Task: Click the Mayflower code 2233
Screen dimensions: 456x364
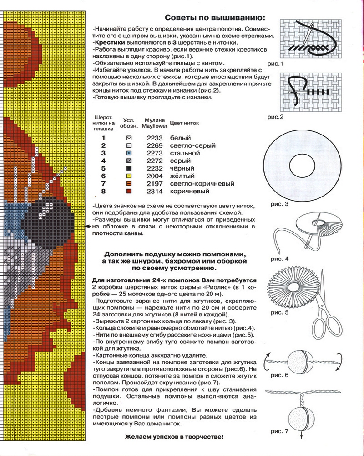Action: coord(155,138)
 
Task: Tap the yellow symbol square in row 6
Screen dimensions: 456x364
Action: coord(129,176)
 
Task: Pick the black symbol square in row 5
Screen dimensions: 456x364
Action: coord(129,168)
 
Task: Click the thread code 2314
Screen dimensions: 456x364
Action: coord(155,192)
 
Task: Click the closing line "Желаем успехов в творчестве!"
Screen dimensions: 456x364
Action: coord(174,437)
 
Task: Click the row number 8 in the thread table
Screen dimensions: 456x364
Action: coord(103,192)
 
